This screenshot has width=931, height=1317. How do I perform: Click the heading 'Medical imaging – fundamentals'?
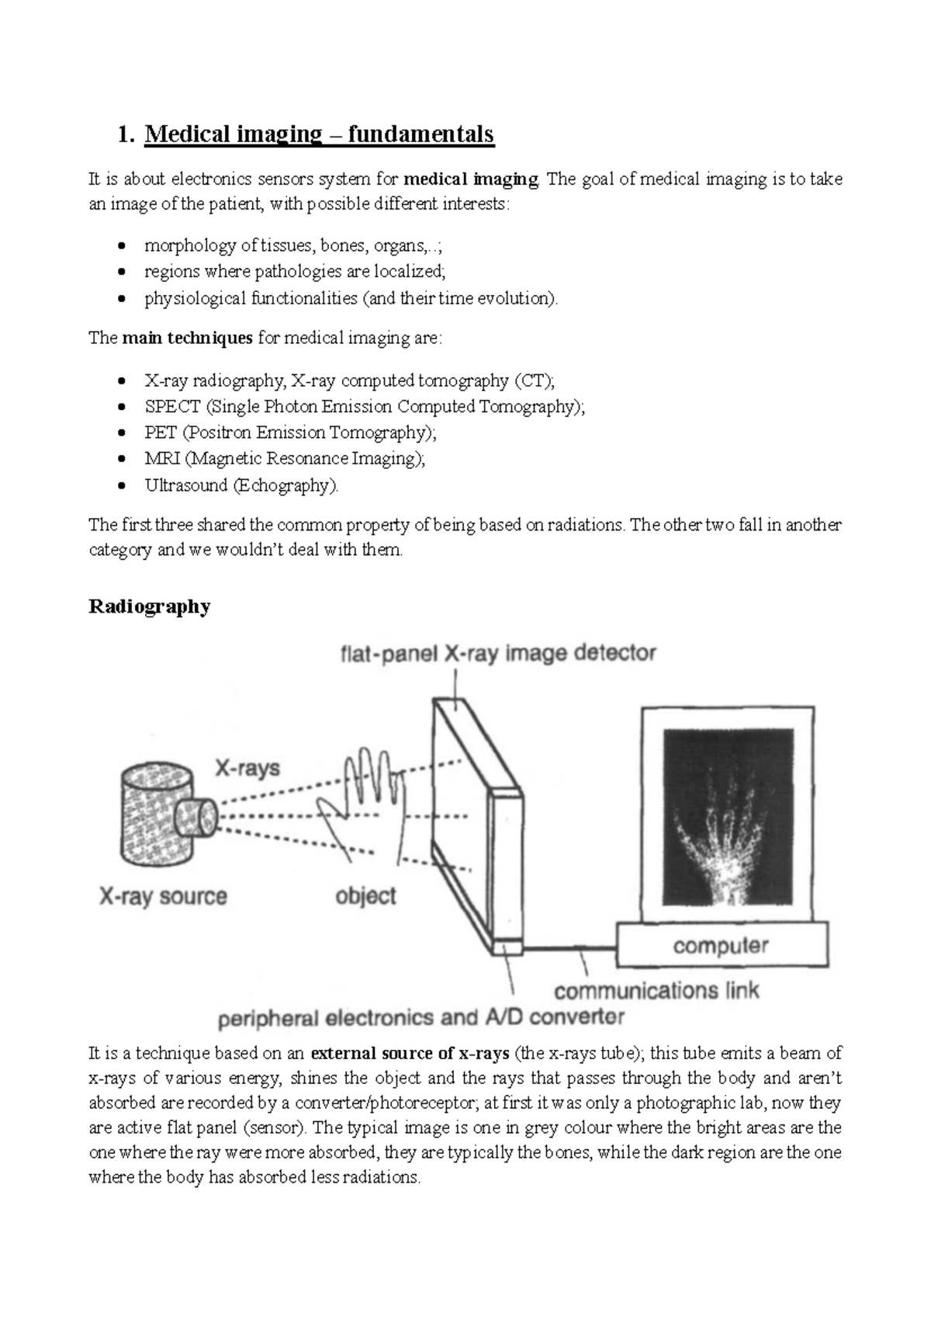point(319,134)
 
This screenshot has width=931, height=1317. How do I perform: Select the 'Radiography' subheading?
point(149,606)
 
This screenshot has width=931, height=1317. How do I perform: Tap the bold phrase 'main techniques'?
point(187,339)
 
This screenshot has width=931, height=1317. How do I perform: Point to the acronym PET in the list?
point(161,433)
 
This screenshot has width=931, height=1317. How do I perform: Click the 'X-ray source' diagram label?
point(163,896)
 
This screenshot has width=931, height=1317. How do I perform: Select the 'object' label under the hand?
point(365,895)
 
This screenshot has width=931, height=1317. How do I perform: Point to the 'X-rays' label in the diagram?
point(247,768)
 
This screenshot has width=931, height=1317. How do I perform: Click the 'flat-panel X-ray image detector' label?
point(498,653)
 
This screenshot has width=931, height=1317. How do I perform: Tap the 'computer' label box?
point(721,945)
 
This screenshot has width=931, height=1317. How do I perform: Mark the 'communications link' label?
point(656,991)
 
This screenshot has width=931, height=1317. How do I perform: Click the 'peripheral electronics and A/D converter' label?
point(421,1017)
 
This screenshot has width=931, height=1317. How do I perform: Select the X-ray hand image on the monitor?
point(728,815)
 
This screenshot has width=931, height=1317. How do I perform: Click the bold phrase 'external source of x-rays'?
point(410,1054)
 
